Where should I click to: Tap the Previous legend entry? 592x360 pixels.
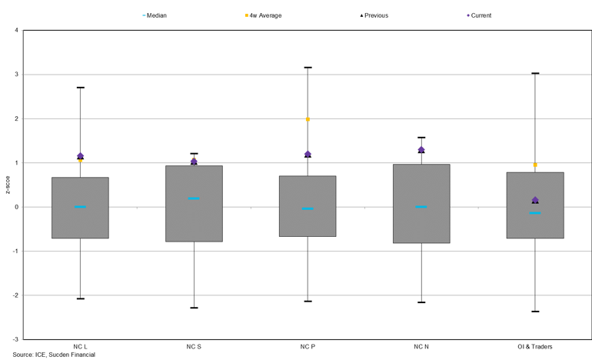(x=371, y=15)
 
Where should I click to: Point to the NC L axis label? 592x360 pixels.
(x=80, y=346)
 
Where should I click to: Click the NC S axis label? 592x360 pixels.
(x=194, y=346)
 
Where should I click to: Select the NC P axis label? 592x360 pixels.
(x=308, y=346)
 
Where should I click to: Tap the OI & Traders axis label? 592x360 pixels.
(x=535, y=346)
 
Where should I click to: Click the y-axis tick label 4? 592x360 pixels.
(x=16, y=31)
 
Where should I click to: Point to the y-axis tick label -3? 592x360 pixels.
(x=15, y=339)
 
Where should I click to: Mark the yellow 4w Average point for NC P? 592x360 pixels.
(x=308, y=119)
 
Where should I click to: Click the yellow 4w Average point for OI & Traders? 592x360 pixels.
(x=535, y=165)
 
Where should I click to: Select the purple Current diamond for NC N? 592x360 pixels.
(x=421, y=149)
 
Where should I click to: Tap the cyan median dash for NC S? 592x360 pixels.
(x=194, y=198)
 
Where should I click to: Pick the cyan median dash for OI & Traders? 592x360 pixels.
(x=535, y=213)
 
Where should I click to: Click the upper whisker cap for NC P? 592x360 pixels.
(x=308, y=68)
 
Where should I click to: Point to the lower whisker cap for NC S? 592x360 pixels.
(x=194, y=308)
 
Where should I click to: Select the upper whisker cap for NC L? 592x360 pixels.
(x=80, y=88)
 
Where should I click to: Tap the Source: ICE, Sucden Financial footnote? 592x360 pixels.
(x=49, y=355)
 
